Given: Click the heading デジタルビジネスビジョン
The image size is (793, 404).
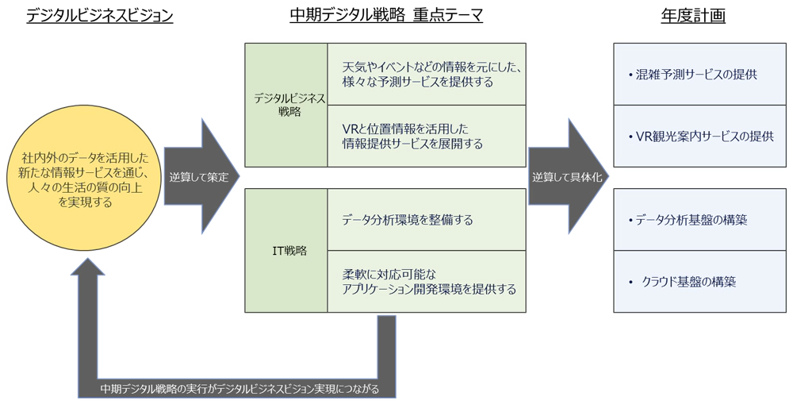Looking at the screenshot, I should point(99,16).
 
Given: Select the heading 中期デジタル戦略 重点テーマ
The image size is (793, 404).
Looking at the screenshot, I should point(385,16).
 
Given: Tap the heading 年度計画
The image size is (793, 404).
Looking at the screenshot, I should point(693,16).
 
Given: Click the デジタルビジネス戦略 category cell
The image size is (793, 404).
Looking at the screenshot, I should point(286,105).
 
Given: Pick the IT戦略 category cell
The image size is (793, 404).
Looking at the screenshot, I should point(286,251).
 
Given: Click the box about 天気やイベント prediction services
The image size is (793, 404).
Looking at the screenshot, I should point(427,74).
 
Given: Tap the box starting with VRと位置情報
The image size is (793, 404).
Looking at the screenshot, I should point(427,136).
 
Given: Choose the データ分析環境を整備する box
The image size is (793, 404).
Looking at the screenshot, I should point(427,220).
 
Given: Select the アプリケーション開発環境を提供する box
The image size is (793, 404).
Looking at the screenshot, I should point(427,281).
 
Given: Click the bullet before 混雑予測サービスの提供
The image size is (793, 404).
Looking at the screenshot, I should point(630,75).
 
